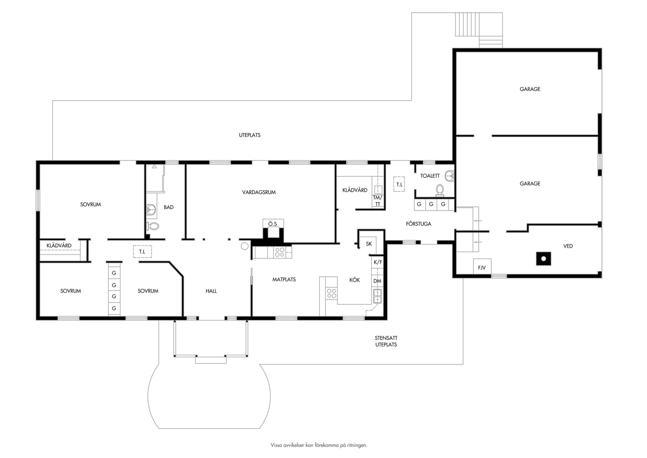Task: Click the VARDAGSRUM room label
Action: point(259,192)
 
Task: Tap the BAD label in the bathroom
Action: point(168,207)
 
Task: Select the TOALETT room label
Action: point(430,176)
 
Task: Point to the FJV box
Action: point(482,267)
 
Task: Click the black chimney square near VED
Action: point(544,259)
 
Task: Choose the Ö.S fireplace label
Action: point(273,224)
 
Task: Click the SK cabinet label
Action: point(369,244)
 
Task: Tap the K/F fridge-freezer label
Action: point(378,262)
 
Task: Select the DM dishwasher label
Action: point(377,281)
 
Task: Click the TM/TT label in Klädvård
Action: point(377,201)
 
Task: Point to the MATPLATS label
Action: point(284,279)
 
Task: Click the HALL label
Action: point(211,291)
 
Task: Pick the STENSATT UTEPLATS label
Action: point(386,341)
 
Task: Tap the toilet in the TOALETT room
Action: point(440,190)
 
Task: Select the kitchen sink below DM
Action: point(377,296)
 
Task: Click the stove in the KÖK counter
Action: point(331,293)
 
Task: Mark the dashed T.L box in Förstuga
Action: point(399,184)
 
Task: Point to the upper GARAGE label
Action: point(530,89)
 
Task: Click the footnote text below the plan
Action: point(319,445)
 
